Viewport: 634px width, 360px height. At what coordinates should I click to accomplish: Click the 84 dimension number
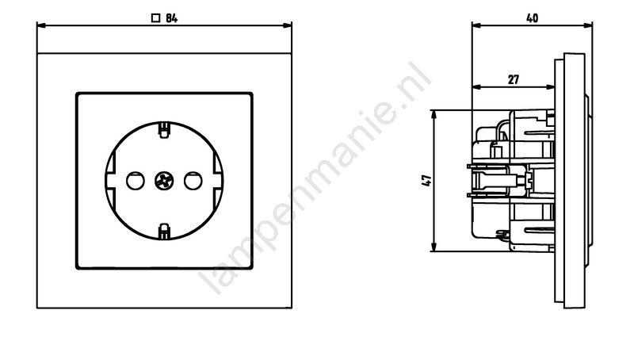[x=171, y=18]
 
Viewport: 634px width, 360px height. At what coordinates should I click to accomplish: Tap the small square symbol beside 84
[x=155, y=18]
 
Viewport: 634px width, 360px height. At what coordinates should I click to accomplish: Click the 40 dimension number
[x=532, y=18]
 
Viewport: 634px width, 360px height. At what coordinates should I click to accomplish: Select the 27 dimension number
[x=513, y=79]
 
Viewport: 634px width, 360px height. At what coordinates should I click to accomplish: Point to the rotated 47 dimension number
[x=426, y=181]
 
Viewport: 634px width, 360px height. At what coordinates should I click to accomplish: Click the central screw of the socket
[x=164, y=181]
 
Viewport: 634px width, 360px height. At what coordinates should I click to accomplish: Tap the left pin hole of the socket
[x=135, y=181]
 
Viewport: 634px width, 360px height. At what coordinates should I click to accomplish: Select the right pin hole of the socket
[x=193, y=181]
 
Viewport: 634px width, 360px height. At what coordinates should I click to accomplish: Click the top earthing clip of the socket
[x=164, y=130]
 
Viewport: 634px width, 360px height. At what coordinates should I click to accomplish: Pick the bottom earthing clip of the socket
[x=164, y=232]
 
